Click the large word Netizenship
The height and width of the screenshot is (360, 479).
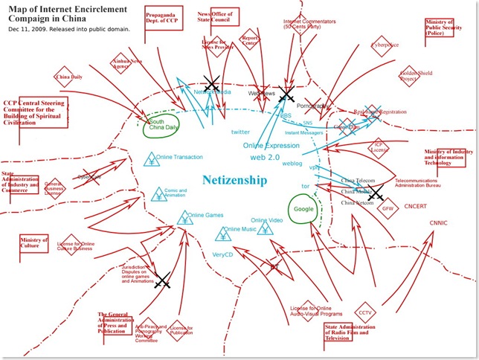[234, 180]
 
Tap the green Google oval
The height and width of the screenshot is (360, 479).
[303, 209]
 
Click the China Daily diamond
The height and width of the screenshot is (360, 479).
[68, 77]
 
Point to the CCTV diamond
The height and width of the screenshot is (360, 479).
[365, 312]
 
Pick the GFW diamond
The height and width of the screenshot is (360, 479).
[388, 208]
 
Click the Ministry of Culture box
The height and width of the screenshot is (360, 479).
[34, 243]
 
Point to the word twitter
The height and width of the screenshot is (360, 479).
[241, 132]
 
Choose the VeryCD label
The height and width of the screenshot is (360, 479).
[224, 254]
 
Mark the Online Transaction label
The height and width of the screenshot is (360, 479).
[179, 157]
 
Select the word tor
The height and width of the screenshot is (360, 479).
[304, 185]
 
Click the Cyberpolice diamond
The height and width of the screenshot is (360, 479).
[384, 45]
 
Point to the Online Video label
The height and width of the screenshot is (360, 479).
[266, 221]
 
